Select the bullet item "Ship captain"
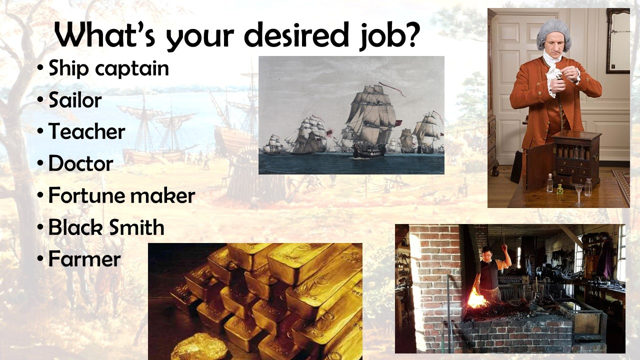point(108,69)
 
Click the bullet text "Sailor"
point(75,100)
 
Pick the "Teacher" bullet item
point(86,132)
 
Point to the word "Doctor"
point(80,163)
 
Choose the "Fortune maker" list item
point(121,195)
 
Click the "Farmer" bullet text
point(84,259)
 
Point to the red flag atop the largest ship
point(392,88)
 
